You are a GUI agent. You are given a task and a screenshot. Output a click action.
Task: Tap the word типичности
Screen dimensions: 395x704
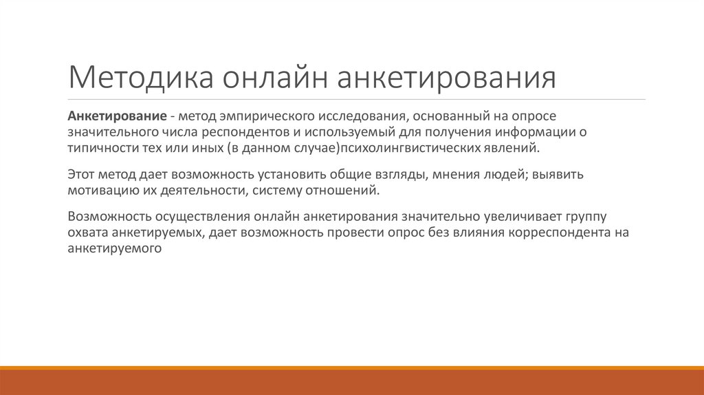[x=102, y=148]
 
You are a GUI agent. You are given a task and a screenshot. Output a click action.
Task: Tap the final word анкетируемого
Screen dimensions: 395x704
[x=114, y=250]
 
